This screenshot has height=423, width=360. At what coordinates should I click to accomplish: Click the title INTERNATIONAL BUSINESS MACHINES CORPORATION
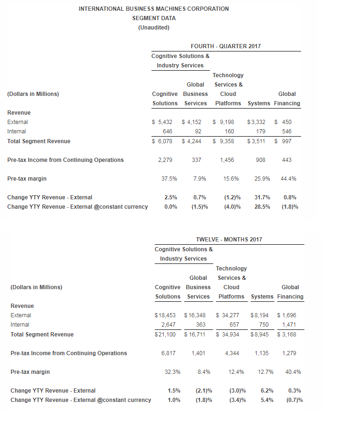pos(154,9)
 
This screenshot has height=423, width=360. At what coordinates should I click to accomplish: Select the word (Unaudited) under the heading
pos(154,28)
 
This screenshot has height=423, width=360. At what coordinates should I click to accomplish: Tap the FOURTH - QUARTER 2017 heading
pos(226,46)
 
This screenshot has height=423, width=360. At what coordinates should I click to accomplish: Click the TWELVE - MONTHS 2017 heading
pos(229,240)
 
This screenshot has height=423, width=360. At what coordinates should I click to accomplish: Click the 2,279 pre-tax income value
pos(165,160)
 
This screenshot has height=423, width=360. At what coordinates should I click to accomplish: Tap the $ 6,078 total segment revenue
pos(162,141)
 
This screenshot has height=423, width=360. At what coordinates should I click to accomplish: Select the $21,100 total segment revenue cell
pos(166,335)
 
